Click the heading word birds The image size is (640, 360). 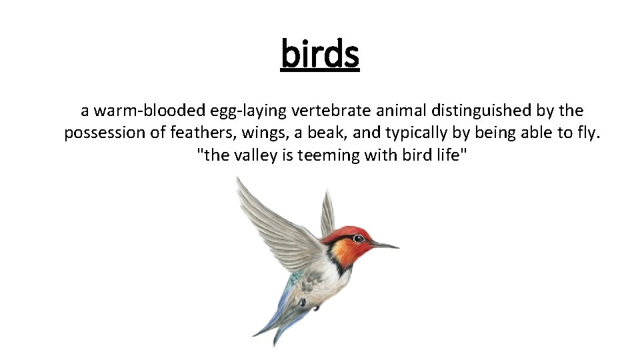point(320,54)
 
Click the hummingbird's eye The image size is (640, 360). point(359,239)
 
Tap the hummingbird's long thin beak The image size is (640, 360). point(385,245)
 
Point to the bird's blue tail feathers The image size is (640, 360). point(277,313)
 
